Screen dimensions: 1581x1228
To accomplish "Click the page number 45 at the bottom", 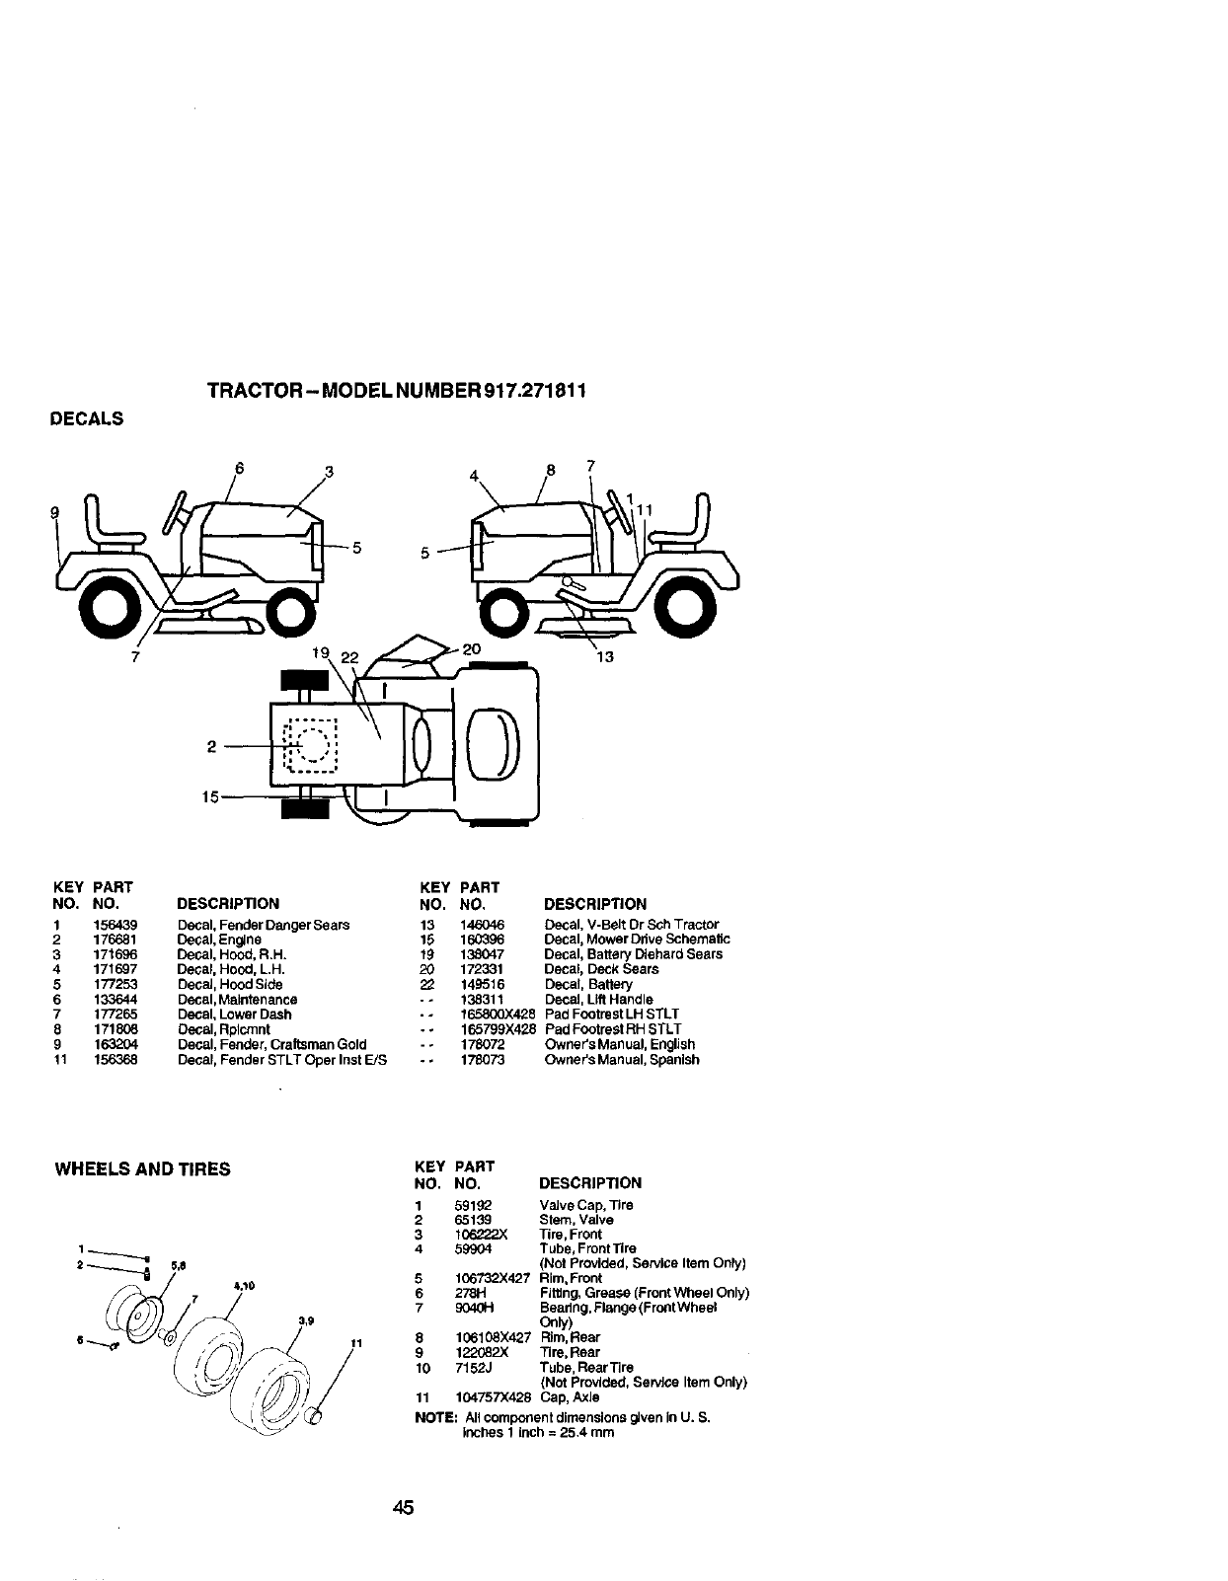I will click(401, 1508).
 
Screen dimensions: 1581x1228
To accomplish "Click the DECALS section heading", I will click(87, 418).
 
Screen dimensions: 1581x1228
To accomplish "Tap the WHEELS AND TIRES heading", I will click(142, 1169).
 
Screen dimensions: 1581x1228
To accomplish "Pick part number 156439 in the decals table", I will click(122, 926).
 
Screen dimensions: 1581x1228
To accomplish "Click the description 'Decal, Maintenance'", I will click(237, 1000).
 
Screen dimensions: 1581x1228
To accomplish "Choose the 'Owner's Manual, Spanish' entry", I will click(622, 1060).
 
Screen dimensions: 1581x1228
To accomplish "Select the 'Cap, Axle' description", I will click(570, 1397).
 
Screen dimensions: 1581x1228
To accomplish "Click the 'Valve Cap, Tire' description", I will click(586, 1205).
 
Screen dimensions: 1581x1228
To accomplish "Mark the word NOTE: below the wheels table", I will click(435, 1417).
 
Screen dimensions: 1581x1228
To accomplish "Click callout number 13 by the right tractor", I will click(605, 656).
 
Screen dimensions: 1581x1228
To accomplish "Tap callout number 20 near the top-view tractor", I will click(471, 648).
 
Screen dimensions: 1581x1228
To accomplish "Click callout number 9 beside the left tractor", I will click(55, 512).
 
